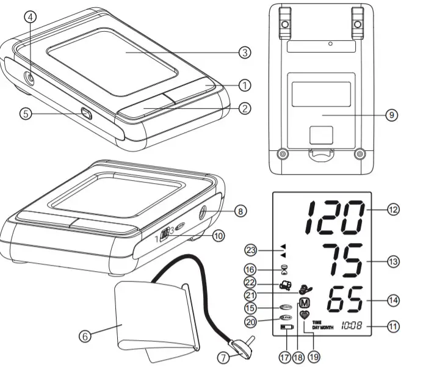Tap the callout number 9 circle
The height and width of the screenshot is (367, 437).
click(392, 115)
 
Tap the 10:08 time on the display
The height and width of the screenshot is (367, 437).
click(351, 325)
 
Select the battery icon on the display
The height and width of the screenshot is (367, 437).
click(286, 329)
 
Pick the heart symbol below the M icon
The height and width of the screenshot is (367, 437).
click(305, 314)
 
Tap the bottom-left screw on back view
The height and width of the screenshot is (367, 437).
click(281, 153)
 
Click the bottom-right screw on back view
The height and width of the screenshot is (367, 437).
click(359, 153)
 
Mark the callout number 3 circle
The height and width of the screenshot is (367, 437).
click(244, 53)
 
